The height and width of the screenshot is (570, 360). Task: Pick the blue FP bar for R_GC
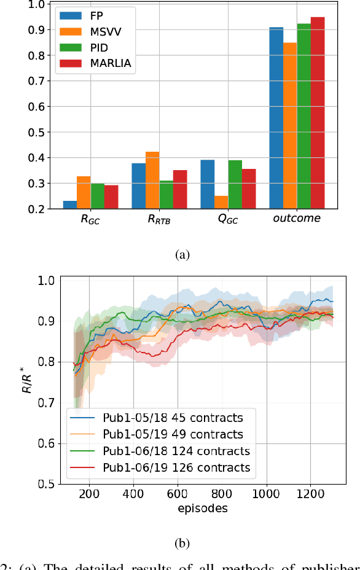70,205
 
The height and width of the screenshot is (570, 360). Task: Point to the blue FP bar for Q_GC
207,184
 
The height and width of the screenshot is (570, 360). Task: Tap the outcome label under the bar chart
297,219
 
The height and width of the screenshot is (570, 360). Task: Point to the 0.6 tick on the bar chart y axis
39,106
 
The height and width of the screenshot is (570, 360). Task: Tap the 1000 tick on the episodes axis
265,494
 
